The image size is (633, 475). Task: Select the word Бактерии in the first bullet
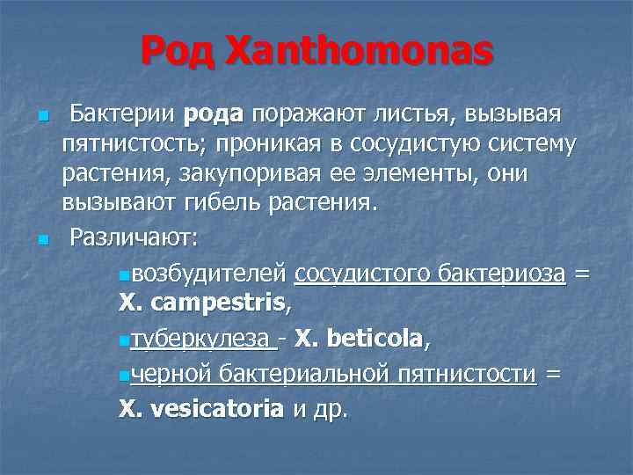point(123,114)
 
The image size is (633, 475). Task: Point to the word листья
point(406,114)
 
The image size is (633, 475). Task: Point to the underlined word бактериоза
point(499,274)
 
